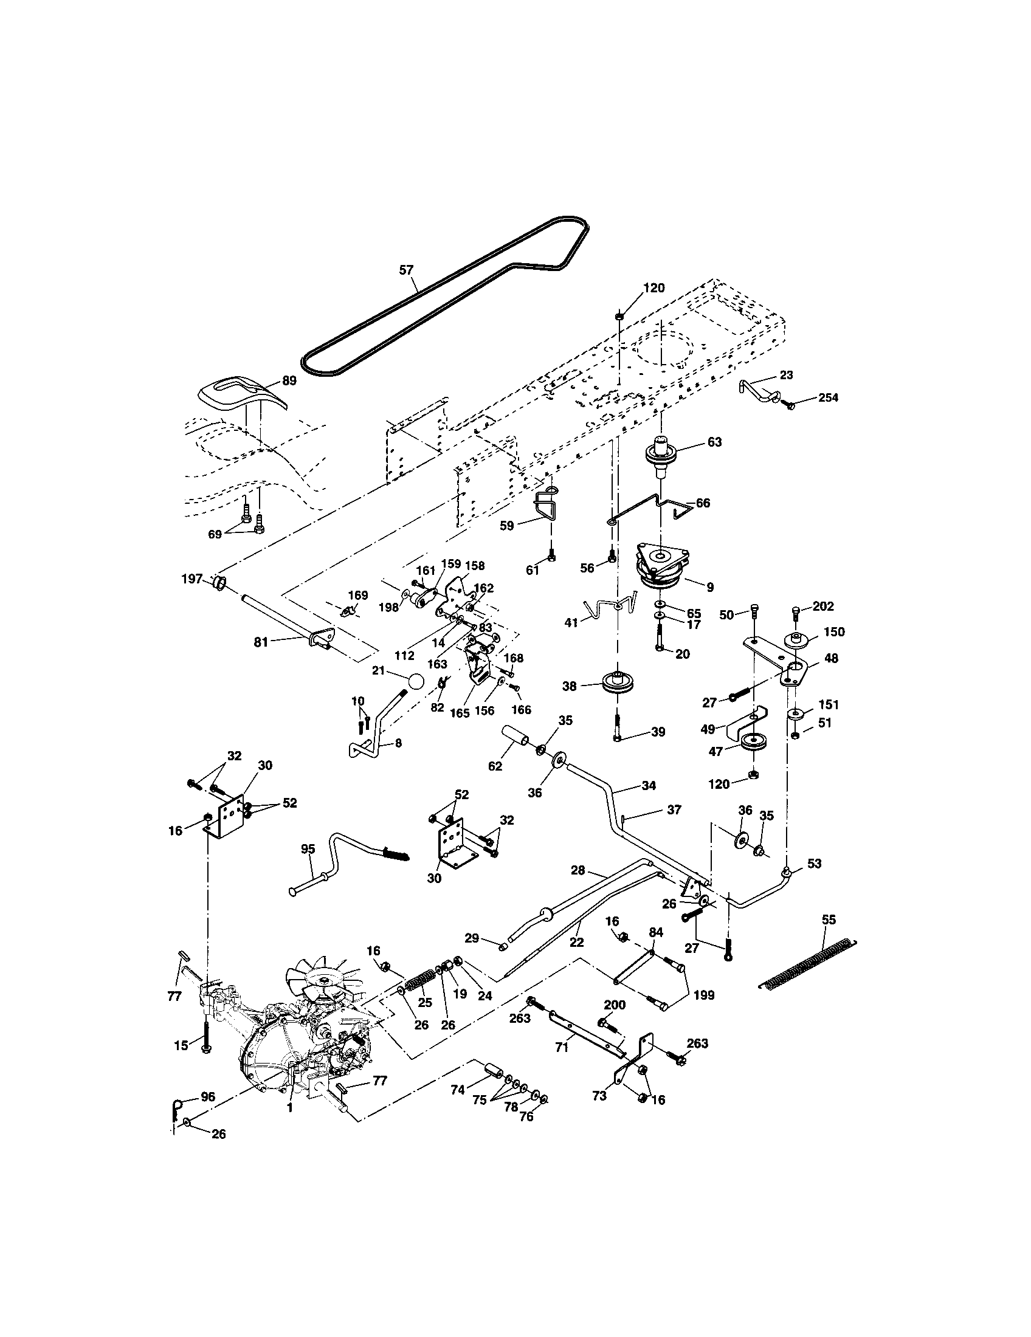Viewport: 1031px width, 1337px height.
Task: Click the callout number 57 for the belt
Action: [407, 270]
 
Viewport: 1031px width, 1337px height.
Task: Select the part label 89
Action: [289, 380]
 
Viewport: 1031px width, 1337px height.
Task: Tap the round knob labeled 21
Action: [416, 681]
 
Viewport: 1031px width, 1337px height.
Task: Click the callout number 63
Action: [714, 442]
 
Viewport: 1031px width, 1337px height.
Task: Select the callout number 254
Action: [828, 397]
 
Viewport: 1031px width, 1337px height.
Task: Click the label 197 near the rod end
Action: [192, 579]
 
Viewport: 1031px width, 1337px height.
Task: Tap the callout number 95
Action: [308, 849]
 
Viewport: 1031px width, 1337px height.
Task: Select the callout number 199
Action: [704, 995]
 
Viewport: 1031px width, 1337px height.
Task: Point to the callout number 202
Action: [824, 606]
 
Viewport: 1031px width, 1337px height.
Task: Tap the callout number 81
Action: [261, 642]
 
